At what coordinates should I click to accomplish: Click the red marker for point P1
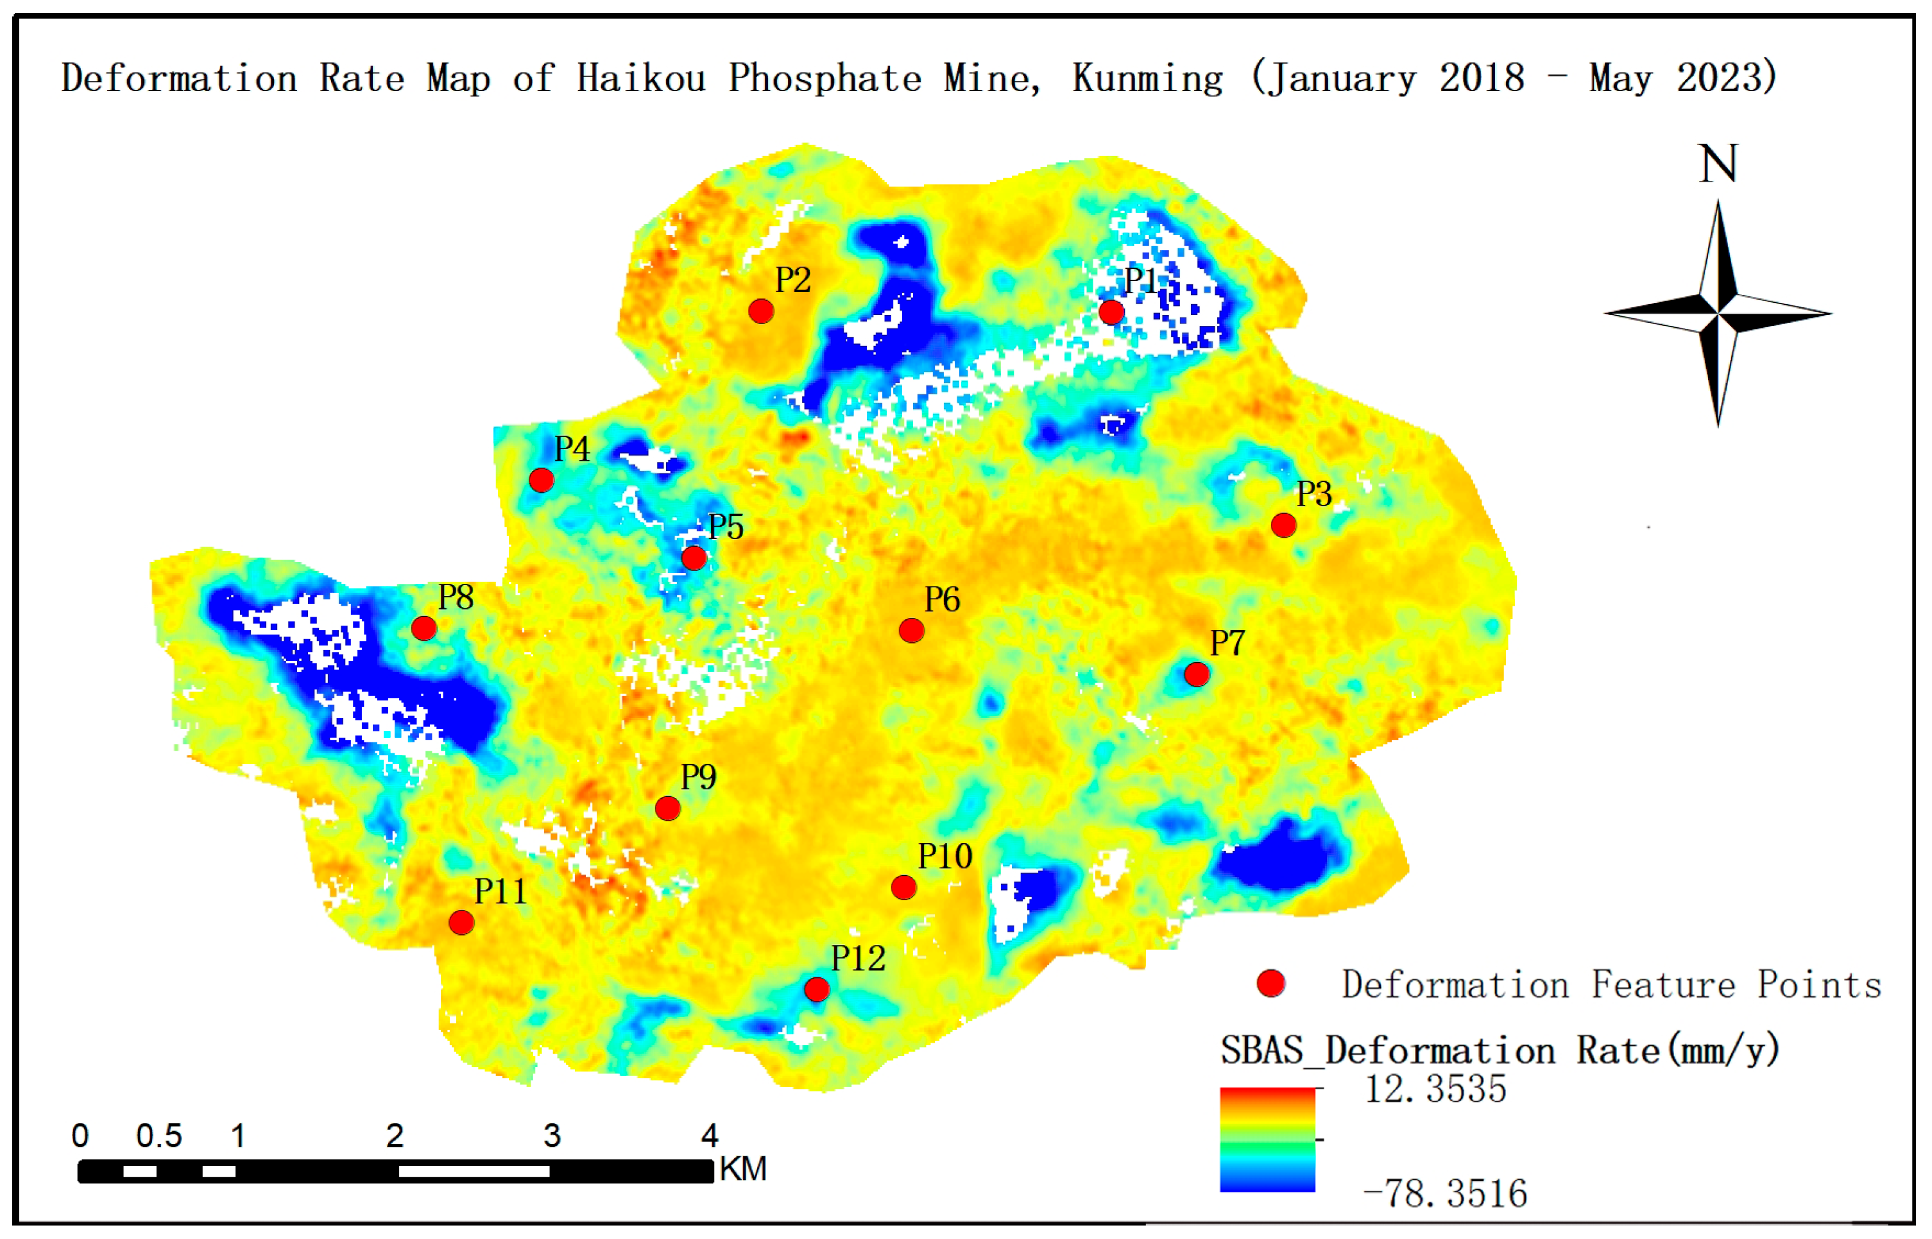tap(1111, 311)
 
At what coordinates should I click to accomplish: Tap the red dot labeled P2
tap(761, 311)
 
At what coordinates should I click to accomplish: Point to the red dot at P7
tap(1197, 674)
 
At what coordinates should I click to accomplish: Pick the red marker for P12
tap(816, 989)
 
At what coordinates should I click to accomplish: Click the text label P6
tap(942, 599)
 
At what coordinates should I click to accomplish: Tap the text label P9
tap(698, 777)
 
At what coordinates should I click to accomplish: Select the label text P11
tap(500, 891)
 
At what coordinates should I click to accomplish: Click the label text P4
tap(572, 449)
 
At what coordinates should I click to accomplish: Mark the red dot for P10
tap(904, 887)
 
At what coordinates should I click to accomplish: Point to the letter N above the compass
tap(1717, 164)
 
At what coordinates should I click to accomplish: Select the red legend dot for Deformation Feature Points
tap(1271, 983)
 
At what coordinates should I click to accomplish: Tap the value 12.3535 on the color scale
tap(1435, 1089)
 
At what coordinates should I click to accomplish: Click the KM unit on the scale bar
tap(743, 1169)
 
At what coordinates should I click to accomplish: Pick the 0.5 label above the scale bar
tap(158, 1136)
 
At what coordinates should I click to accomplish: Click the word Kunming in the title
tap(1148, 79)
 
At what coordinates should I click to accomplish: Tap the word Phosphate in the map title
tap(825, 79)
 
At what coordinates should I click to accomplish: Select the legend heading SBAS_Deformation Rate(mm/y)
tap(1500, 1051)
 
